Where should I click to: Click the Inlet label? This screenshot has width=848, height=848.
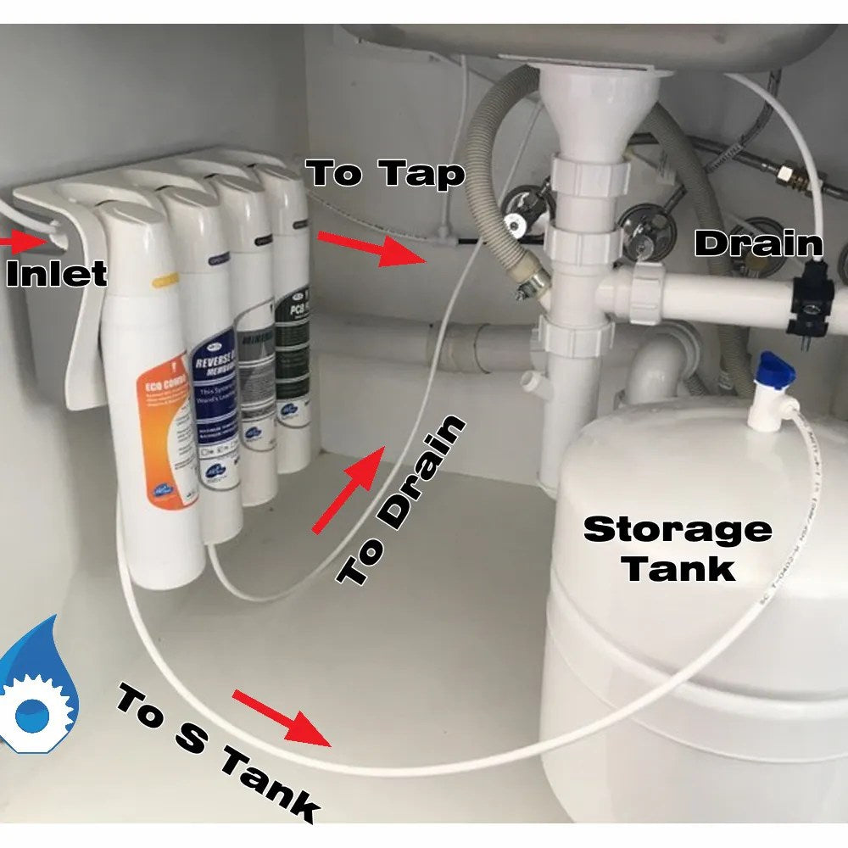[55, 273]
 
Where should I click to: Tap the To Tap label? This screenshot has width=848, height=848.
[386, 173]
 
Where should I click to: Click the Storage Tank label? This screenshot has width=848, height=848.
[678, 548]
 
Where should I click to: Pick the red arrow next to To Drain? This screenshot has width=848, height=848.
[348, 492]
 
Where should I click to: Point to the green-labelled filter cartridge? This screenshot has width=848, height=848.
[293, 356]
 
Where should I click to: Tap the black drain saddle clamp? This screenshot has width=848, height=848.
[810, 297]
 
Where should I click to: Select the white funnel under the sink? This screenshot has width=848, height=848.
[585, 110]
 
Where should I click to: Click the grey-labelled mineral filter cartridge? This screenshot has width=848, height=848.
[254, 365]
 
